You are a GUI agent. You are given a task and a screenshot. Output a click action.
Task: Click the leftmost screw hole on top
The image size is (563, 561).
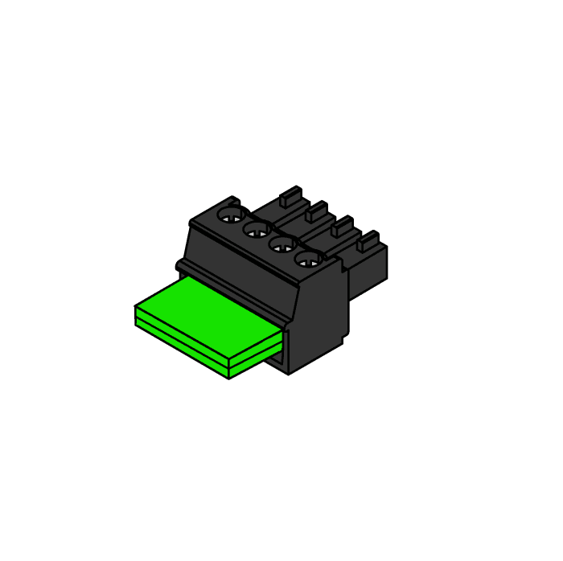coord(231,215)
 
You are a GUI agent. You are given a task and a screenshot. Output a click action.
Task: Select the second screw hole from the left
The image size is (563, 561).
coord(257,231)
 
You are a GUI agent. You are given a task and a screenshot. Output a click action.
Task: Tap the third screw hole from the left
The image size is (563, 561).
coord(281,245)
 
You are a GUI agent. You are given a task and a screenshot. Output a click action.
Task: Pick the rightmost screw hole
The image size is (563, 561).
coord(307,259)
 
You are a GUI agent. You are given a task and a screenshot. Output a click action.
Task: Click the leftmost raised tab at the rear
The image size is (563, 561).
coord(290,195)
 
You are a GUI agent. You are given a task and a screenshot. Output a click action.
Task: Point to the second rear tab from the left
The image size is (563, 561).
coord(316,211)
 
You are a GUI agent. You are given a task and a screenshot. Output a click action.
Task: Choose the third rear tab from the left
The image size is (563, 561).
coord(342,225)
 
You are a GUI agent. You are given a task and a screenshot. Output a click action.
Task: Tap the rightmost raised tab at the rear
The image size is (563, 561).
coord(368,240)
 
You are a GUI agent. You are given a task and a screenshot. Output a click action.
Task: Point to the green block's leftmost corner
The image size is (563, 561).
coord(135,308)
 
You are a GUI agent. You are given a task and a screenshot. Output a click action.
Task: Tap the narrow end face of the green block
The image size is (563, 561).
coord(256,354)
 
